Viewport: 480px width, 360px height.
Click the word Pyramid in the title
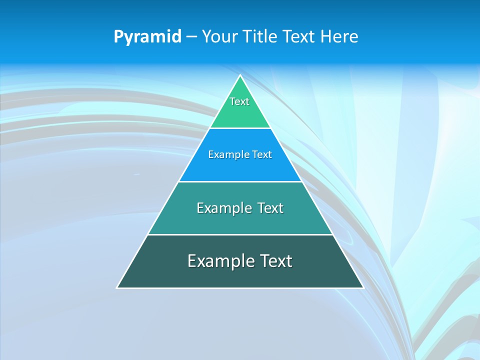coord(147,37)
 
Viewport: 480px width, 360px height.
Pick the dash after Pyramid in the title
coord(191,37)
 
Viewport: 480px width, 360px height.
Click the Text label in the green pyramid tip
coord(239,101)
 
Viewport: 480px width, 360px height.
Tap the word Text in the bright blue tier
coord(262,155)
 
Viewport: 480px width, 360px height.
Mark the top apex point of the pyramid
coord(240,75)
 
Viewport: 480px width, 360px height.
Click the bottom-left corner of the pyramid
coord(117,288)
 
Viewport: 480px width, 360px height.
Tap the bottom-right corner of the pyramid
coord(363,288)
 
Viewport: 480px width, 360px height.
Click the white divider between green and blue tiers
coord(240,128)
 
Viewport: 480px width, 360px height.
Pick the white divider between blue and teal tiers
coord(240,181)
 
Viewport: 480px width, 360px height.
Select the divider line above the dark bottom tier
coord(240,234)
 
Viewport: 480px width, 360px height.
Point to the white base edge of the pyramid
coord(240,288)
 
